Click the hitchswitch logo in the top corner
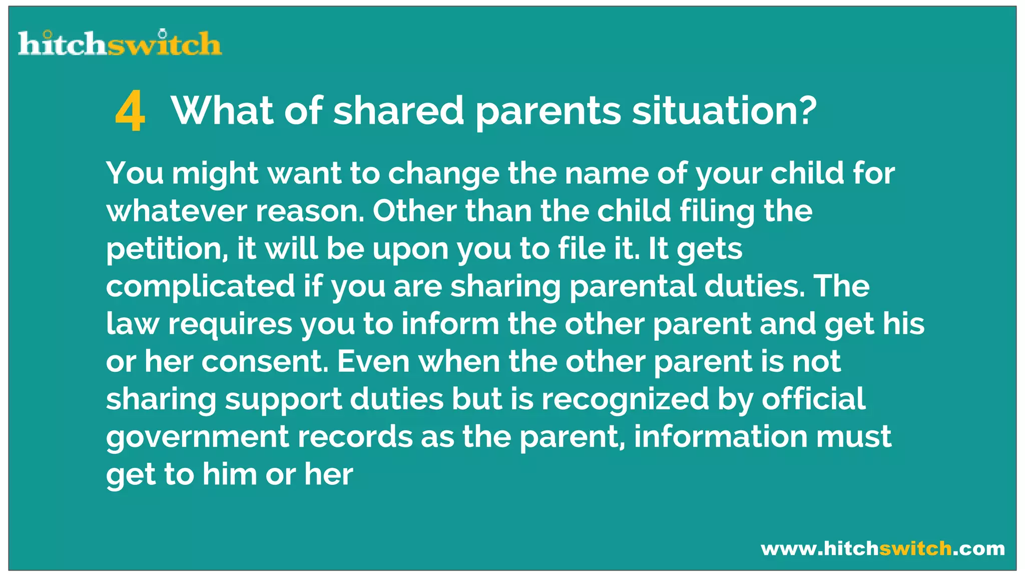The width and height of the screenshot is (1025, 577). (x=120, y=43)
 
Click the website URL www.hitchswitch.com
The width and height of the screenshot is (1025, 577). (x=883, y=548)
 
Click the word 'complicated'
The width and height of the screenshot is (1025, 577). (x=200, y=286)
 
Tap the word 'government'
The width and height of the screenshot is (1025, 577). (x=197, y=437)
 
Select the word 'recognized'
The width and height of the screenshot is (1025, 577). (x=625, y=399)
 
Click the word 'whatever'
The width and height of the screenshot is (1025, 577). (x=177, y=211)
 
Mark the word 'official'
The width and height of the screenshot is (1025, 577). (x=814, y=399)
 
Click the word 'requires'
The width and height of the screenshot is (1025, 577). (x=230, y=324)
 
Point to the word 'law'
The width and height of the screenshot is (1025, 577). (x=132, y=324)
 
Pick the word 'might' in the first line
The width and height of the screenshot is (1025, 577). (x=215, y=174)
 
